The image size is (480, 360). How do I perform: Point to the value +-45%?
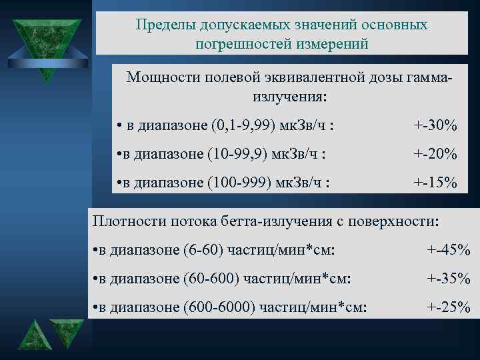point(449,250)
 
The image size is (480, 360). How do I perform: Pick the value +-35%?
point(449,279)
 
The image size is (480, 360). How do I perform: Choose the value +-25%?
point(449,307)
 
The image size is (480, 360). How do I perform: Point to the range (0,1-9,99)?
point(246,125)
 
